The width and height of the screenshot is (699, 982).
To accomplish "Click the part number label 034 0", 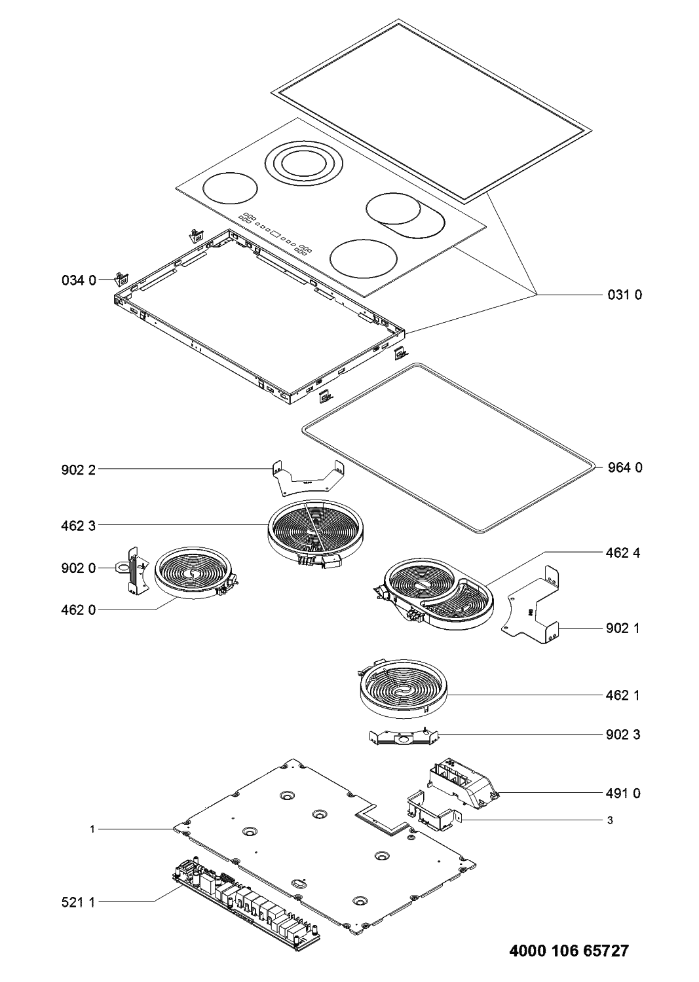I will [x=74, y=281].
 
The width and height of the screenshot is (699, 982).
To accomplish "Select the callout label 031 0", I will [x=623, y=295].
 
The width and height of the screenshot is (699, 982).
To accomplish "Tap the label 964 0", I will [x=623, y=467].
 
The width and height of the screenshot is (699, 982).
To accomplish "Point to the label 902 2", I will [x=74, y=469].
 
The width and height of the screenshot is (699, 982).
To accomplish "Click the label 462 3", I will [x=74, y=525].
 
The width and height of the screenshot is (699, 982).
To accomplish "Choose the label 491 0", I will [x=623, y=793].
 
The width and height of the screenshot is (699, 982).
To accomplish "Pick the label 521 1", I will [x=74, y=902].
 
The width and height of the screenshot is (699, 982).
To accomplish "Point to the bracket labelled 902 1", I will [x=534, y=609].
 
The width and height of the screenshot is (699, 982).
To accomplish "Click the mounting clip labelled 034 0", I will [x=121, y=280].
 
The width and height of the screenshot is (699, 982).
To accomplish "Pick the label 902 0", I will [x=74, y=568].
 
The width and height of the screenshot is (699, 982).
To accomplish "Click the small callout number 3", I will [x=610, y=820].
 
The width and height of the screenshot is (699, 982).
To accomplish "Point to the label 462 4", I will [x=623, y=553].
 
